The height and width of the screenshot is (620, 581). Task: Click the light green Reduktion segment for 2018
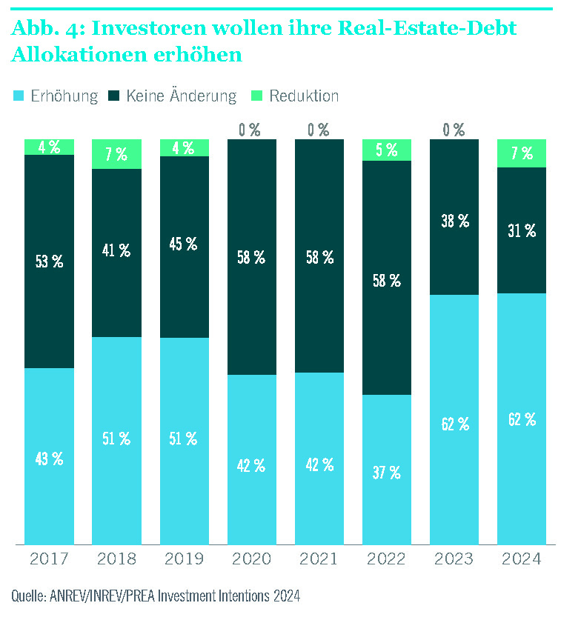click(x=116, y=154)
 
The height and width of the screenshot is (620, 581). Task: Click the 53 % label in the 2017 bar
click(x=50, y=261)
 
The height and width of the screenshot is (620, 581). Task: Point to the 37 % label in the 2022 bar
click(x=386, y=472)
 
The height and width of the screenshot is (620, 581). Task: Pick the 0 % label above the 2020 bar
click(x=250, y=130)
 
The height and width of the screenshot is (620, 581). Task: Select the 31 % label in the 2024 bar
click(x=521, y=231)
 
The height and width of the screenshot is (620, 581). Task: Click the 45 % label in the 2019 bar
click(x=184, y=244)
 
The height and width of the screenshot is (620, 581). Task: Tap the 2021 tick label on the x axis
click(x=319, y=559)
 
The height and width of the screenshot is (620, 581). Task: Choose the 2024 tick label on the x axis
click(x=521, y=559)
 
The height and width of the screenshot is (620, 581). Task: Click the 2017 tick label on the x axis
click(x=50, y=559)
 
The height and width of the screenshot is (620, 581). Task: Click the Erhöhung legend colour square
click(x=19, y=96)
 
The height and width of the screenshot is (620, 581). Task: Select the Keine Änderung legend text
click(x=182, y=96)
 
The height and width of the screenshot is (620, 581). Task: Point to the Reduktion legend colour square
click(x=258, y=96)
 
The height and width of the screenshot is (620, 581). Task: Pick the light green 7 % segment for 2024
click(x=521, y=153)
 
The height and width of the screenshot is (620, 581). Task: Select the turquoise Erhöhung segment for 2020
click(x=251, y=459)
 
